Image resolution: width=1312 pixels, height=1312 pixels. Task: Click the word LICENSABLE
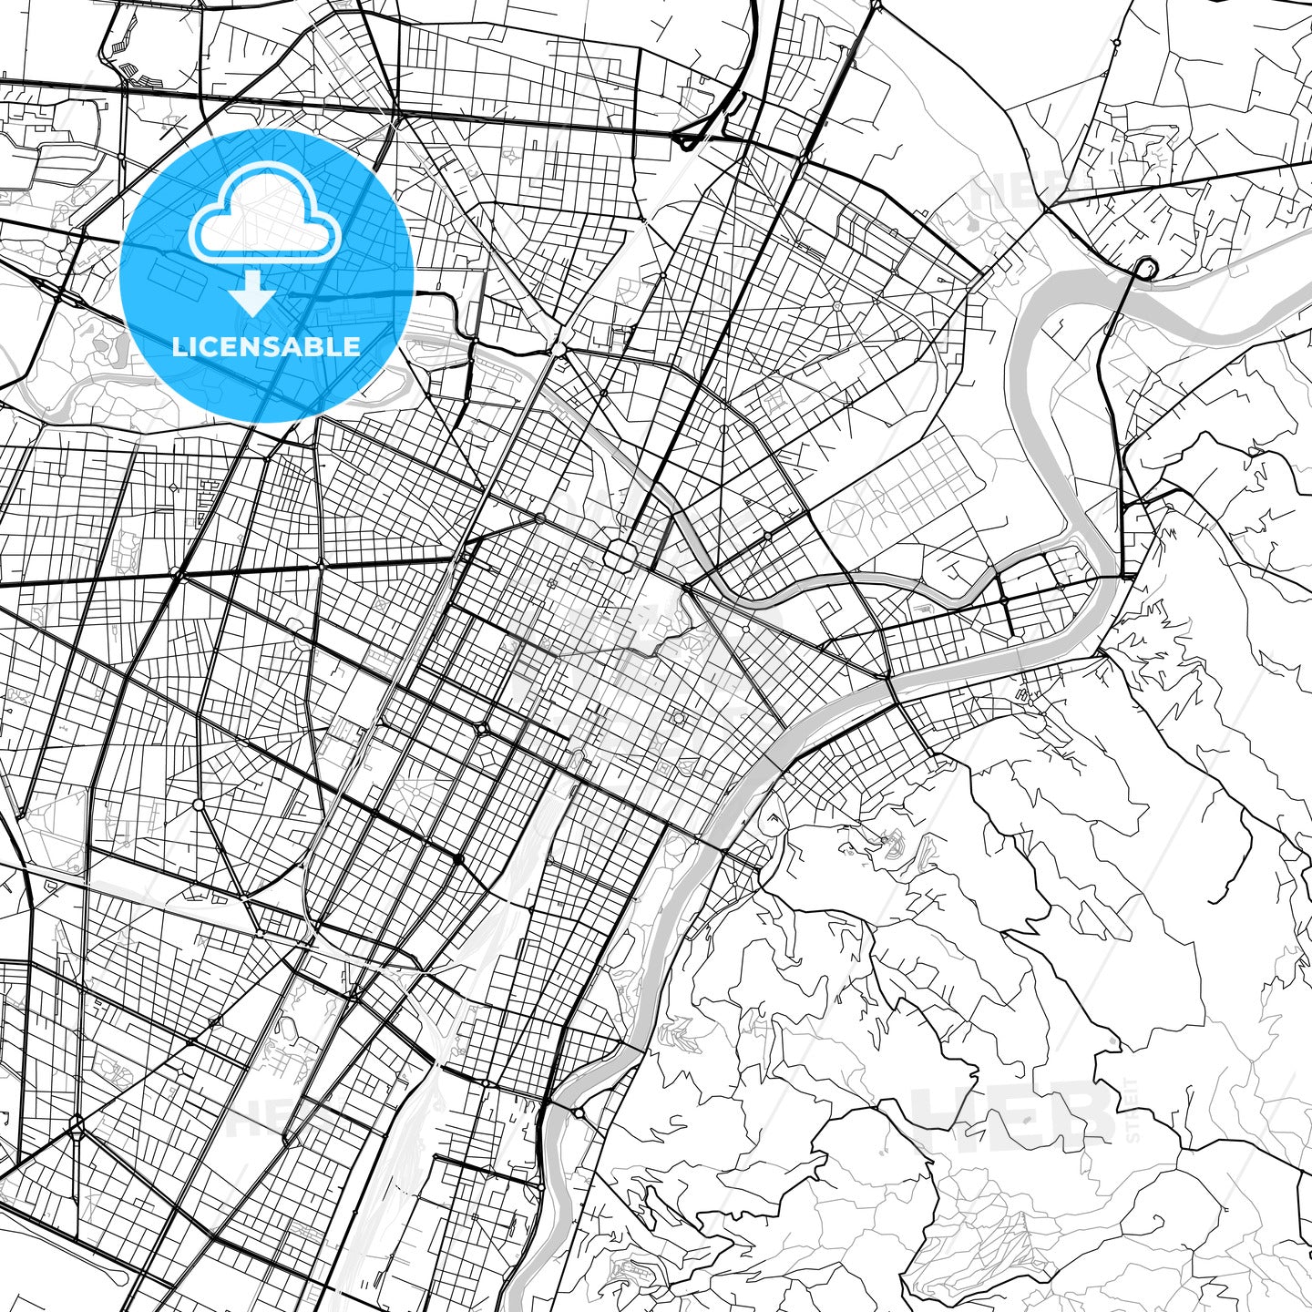pos(266,347)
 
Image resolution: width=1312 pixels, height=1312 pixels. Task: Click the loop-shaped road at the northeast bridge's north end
pos(1144,267)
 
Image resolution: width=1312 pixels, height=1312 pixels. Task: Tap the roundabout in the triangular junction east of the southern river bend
pos(579,1112)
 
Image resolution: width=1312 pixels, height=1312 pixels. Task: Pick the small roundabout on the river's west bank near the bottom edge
pos(540,1187)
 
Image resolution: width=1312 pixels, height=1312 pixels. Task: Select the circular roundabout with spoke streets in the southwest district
pos(199,805)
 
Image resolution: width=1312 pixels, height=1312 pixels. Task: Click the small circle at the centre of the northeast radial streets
pos(836,306)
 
